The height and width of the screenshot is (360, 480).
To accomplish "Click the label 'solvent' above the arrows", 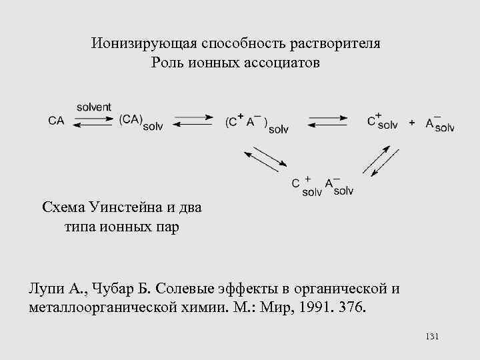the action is pos(94,107).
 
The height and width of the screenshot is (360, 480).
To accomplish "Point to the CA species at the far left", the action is pos(57,121).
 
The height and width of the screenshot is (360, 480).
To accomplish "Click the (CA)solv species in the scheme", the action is pos(141,121).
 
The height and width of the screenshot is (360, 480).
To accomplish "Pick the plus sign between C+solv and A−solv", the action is pos(412,122).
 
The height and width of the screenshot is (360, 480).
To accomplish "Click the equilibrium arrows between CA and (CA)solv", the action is pos(94,121).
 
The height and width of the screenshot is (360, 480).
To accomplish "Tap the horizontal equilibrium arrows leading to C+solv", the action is pos(327,121).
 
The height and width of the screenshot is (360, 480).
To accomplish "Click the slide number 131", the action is pos(431,337).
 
